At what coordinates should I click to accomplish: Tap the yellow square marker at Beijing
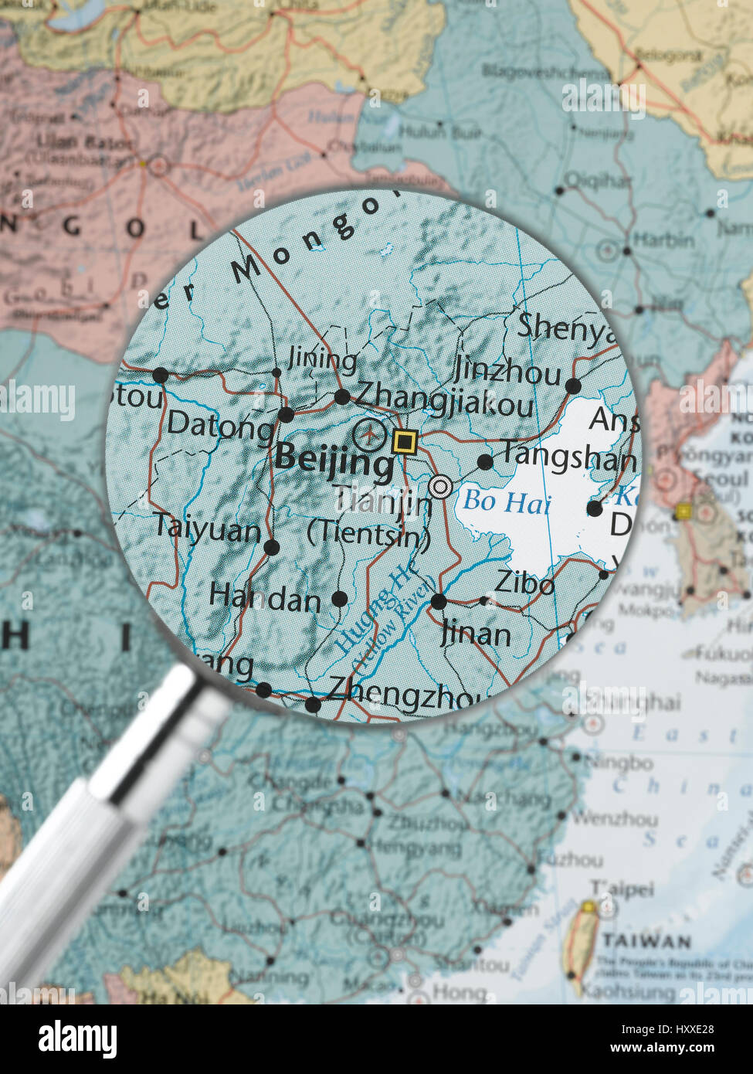pyautogui.click(x=404, y=442)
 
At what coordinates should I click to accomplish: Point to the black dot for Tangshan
pyautogui.click(x=485, y=462)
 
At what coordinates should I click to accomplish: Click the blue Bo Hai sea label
pyautogui.click(x=507, y=502)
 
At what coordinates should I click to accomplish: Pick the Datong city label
pyautogui.click(x=220, y=423)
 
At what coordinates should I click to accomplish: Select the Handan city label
pyautogui.click(x=264, y=597)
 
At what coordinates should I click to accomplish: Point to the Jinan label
pyautogui.click(x=476, y=634)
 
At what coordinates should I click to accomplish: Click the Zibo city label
pyautogui.click(x=524, y=583)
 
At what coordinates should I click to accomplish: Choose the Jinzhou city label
pyautogui.click(x=507, y=372)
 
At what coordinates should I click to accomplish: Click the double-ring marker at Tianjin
pyautogui.click(x=440, y=487)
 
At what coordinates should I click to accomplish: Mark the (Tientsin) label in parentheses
pyautogui.click(x=368, y=535)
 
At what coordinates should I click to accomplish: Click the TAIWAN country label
pyautogui.click(x=646, y=941)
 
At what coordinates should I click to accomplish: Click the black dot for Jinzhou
pyautogui.click(x=573, y=386)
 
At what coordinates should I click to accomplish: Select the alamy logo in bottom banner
pyautogui.click(x=77, y=1039)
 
